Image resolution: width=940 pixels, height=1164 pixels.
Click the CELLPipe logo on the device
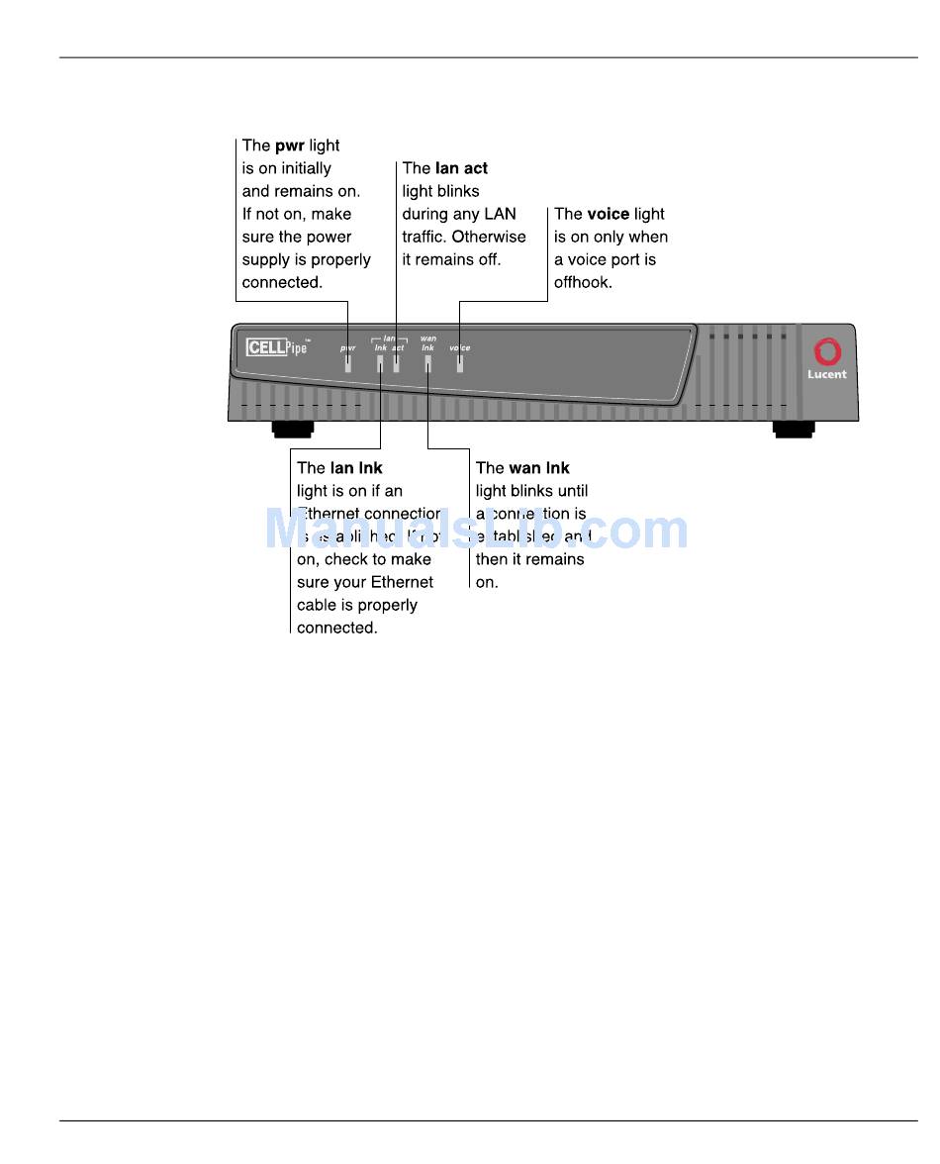pyautogui.click(x=277, y=347)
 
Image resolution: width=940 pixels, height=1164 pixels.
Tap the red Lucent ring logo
pyautogui.click(x=826, y=352)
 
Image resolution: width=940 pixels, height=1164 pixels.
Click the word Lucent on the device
pyautogui.click(x=826, y=375)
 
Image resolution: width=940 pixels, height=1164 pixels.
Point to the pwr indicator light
pyautogui.click(x=348, y=363)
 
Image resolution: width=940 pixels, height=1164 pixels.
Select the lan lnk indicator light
pyautogui.click(x=380, y=363)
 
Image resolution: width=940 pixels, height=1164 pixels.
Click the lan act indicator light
pyautogui.click(x=396, y=363)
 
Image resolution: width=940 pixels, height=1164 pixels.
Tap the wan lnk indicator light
pyautogui.click(x=427, y=363)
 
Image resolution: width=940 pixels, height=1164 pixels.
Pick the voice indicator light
pyautogui.click(x=459, y=363)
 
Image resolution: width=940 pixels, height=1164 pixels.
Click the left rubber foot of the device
pyautogui.click(x=293, y=429)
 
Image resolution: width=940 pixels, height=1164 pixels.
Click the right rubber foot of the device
pyautogui.click(x=794, y=429)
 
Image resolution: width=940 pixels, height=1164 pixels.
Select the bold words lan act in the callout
pyautogui.click(x=461, y=168)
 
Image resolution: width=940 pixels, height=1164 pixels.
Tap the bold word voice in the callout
pyautogui.click(x=609, y=214)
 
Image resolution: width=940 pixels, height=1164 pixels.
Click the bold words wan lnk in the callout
pyautogui.click(x=539, y=468)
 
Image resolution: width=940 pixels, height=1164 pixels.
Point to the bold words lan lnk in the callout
pyautogui.click(x=356, y=468)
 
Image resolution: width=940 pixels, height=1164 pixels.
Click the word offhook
pyautogui.click(x=583, y=282)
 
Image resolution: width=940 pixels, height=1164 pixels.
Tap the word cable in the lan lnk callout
pyautogui.click(x=318, y=605)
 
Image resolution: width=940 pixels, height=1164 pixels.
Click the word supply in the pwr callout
pyautogui.click(x=265, y=259)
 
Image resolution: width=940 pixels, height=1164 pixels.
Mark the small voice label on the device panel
pyautogui.click(x=460, y=348)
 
